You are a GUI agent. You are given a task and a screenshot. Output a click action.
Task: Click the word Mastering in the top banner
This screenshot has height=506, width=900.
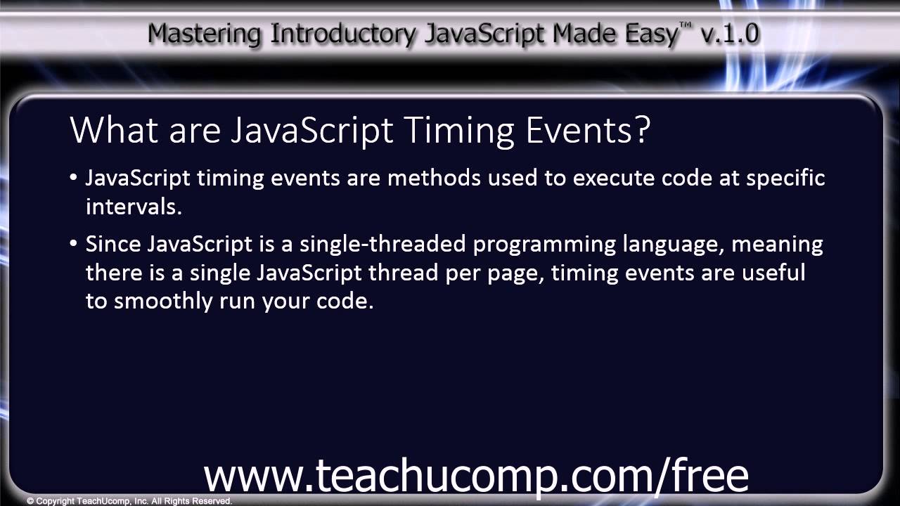[x=203, y=33]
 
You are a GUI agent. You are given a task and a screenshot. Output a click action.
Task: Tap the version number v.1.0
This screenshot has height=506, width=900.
[x=731, y=33]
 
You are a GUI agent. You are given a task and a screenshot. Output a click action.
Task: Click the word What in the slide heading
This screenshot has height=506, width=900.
[x=112, y=130]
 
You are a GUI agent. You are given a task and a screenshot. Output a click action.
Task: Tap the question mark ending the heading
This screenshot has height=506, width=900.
[x=641, y=130]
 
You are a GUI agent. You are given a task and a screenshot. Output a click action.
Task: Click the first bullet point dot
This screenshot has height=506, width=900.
[x=74, y=178]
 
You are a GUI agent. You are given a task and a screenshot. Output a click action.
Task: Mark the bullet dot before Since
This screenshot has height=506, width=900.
[x=74, y=244]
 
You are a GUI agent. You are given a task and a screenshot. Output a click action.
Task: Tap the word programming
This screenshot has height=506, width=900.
[x=545, y=245]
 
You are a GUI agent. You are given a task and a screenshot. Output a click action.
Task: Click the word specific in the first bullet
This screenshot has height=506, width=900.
[x=785, y=179]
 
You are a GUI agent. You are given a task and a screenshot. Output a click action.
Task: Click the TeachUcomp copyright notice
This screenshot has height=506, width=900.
[x=129, y=501]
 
